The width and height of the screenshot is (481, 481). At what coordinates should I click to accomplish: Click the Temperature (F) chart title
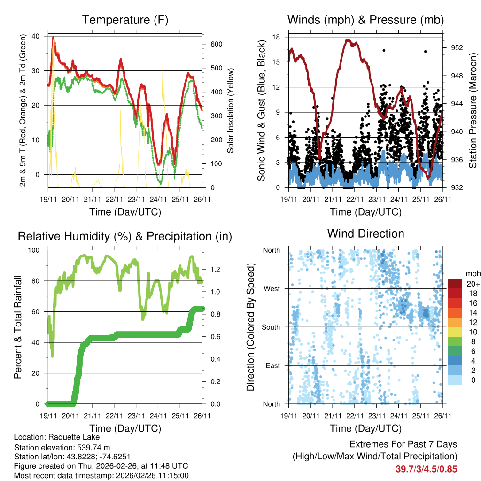125,20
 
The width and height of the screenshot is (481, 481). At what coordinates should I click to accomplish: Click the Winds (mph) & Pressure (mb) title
365,20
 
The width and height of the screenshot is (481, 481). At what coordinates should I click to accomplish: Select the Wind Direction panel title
365,233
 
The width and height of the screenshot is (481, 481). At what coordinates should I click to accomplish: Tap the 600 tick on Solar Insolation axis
215,44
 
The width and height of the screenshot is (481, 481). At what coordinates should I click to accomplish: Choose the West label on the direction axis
272,288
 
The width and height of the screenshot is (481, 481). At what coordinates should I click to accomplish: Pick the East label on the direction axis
272,365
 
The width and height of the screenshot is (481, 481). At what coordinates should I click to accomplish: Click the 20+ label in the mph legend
472,284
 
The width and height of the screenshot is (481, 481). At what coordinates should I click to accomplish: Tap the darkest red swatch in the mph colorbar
455,284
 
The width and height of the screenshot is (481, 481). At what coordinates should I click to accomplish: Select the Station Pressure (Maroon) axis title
473,112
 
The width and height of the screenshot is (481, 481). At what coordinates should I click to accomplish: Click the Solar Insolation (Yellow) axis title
231,111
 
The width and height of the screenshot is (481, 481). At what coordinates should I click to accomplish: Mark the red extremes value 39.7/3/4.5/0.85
426,469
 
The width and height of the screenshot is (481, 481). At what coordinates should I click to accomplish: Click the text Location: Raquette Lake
57,437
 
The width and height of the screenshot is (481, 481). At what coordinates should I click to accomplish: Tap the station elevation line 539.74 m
62,447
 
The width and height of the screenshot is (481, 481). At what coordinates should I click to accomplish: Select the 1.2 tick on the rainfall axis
216,269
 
